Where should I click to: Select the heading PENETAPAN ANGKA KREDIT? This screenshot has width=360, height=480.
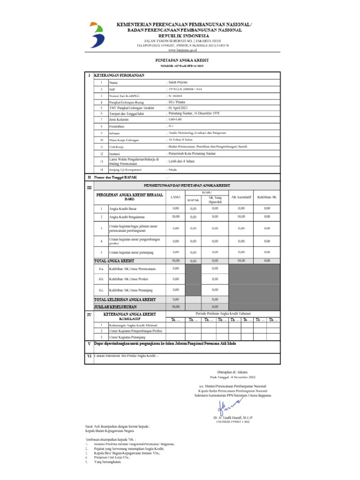point(182,60)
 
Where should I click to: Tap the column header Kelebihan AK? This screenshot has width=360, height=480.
point(267,197)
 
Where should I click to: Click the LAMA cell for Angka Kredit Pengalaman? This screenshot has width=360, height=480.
point(175,217)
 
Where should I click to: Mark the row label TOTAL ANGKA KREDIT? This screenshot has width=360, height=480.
point(114,260)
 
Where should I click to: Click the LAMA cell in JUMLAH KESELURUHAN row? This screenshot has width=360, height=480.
point(175,307)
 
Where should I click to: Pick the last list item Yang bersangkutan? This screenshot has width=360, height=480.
point(107,462)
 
